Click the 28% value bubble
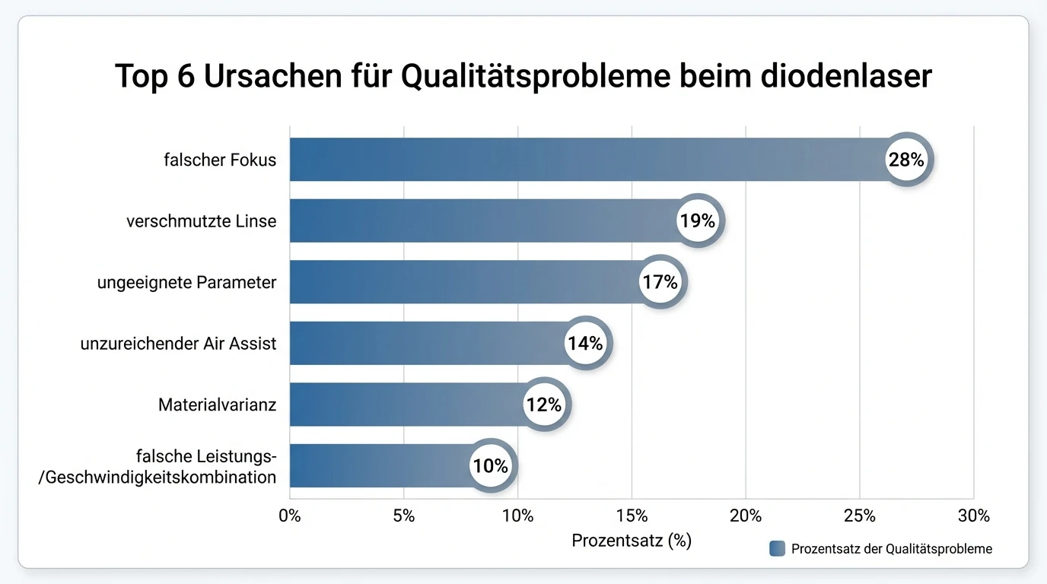[x=905, y=160]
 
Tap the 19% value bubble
[x=697, y=221]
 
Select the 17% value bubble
[x=659, y=282]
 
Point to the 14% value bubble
[x=584, y=344]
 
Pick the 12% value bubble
[x=543, y=405]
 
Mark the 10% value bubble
[x=490, y=466]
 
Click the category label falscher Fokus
[x=220, y=160]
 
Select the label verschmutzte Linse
[x=201, y=221]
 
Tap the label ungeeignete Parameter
[x=186, y=282]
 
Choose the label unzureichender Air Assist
[x=178, y=344]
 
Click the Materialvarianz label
[x=217, y=405]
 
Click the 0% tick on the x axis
[x=290, y=516]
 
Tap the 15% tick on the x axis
[x=632, y=516]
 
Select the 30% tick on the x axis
[x=973, y=516]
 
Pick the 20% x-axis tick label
[x=746, y=516]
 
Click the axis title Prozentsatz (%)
[x=632, y=541]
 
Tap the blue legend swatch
[x=777, y=548]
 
